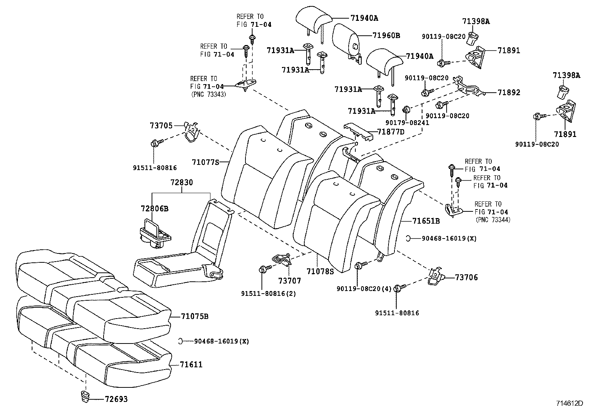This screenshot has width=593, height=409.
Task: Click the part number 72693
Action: [116, 399]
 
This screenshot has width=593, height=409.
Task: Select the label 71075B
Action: [194, 317]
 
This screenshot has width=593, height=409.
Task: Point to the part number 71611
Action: [191, 365]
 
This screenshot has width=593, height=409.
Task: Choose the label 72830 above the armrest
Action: [182, 183]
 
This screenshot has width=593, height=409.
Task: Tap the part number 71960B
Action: [386, 36]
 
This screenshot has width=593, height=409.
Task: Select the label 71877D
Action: [391, 132]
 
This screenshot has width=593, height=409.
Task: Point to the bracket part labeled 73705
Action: [192, 132]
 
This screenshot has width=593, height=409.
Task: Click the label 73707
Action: [289, 281]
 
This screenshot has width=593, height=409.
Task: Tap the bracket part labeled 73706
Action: [436, 276]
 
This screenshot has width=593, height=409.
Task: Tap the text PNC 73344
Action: [493, 220]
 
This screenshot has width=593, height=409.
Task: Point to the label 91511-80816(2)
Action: [269, 294]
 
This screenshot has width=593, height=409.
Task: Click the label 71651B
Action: [426, 221]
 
